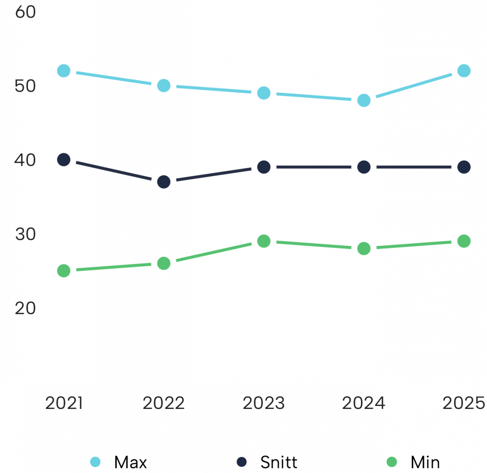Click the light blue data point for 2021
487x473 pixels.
coord(64,71)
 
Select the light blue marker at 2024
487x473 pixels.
coord(364,100)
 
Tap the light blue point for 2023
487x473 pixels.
coord(264,93)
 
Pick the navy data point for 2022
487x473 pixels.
coord(164,182)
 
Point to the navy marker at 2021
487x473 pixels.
coord(64,160)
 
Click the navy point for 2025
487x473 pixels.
coord(464,167)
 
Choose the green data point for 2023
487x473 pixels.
coord(264,241)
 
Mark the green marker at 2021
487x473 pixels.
coord(64,271)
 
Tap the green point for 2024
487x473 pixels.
coord(364,248)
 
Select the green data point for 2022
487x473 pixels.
coord(164,263)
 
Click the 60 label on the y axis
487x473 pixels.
coord(25,12)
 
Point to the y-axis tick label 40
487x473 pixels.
coord(25,160)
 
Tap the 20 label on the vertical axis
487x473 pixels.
coord(25,308)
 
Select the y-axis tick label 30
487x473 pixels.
coord(25,234)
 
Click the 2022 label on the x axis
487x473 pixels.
coord(164,403)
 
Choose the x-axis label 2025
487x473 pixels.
coord(464,403)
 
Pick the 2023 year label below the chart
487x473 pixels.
coord(264,403)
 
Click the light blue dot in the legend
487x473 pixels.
coord(95,462)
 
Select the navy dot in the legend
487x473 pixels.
coord(242,462)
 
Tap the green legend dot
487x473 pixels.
coord(392,462)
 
